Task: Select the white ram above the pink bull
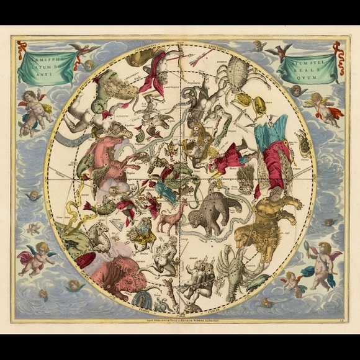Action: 99,235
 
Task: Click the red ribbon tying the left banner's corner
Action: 22,49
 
